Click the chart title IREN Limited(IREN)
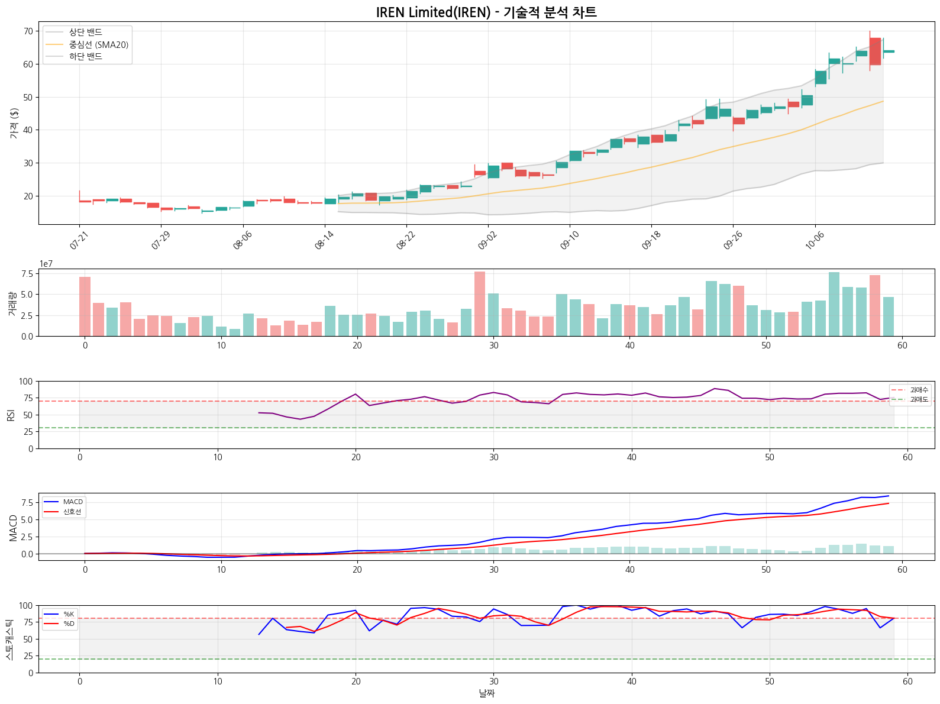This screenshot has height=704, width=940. point(486,12)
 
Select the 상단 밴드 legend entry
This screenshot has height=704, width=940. point(85,32)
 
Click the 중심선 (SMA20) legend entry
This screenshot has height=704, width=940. point(98,44)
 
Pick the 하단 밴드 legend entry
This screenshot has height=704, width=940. point(85,57)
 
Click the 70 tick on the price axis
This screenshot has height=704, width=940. point(28,31)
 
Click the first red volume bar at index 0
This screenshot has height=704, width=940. point(85,306)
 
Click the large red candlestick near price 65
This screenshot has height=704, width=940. point(875,51)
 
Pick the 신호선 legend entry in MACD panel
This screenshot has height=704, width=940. point(72,512)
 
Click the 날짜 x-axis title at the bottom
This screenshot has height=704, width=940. point(486,693)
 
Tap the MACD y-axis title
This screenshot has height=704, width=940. point(13,527)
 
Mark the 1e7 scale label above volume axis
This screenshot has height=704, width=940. point(46,264)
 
